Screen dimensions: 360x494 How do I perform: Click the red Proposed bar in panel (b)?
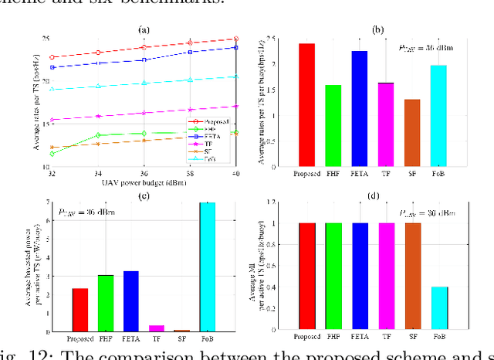pos(306,104)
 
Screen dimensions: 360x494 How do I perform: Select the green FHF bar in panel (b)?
pos(333,125)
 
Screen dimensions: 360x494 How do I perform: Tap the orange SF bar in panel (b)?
pos(412,132)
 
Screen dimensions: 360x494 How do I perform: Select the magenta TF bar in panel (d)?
pos(386,277)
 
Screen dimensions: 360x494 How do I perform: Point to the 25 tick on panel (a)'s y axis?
pos(45,39)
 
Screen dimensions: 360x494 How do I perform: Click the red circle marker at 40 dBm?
pos(235,39)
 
